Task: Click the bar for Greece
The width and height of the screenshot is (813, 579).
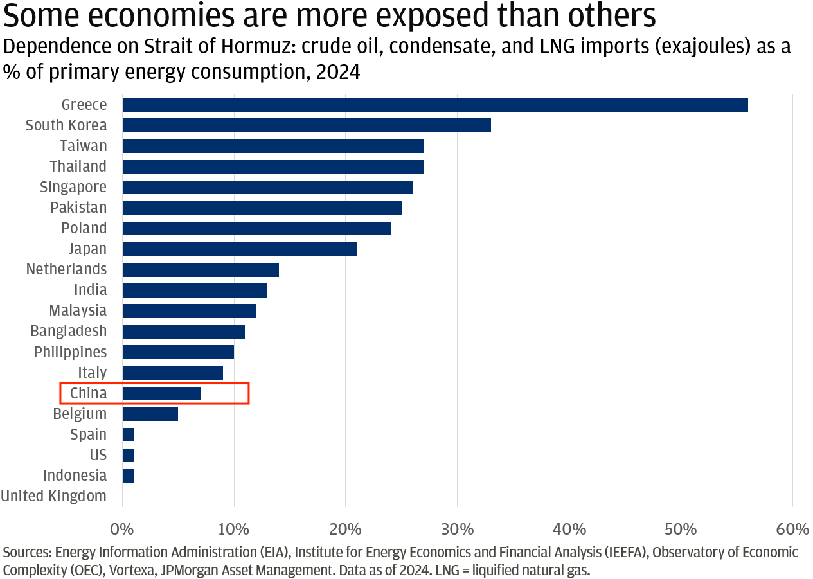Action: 434,105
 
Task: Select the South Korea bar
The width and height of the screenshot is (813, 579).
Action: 306,125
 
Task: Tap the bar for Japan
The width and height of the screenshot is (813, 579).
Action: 239,249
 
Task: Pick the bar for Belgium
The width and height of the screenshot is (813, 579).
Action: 150,414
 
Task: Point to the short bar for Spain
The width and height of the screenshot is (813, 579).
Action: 128,434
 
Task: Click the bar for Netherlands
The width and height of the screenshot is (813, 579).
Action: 200,269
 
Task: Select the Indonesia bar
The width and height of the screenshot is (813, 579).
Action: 128,476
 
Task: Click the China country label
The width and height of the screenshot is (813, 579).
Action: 89,393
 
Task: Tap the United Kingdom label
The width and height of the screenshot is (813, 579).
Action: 54,496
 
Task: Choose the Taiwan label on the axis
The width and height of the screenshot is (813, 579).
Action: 84,146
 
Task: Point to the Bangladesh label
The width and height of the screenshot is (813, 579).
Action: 69,331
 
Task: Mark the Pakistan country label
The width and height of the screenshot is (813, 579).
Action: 78,208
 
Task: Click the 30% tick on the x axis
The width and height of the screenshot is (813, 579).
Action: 457,530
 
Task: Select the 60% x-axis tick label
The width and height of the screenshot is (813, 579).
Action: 792,530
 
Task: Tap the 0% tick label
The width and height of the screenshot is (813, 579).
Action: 121,530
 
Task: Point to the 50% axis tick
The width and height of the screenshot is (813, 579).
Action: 681,530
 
